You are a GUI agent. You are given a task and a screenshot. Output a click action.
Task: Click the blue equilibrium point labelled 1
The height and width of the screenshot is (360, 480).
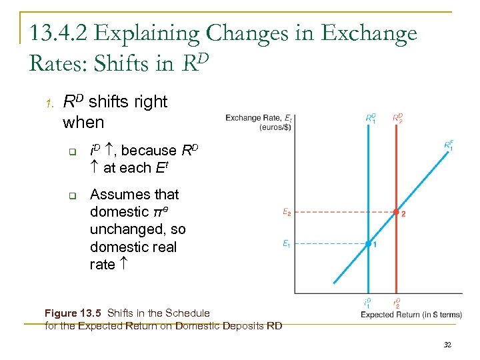point(369,244)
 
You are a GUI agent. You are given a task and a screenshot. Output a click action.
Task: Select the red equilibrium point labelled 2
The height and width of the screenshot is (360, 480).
point(396,213)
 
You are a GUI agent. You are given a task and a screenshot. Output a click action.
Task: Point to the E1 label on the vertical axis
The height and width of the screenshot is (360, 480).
point(285,244)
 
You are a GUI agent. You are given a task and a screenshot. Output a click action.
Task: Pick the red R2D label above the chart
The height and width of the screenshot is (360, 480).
point(397,118)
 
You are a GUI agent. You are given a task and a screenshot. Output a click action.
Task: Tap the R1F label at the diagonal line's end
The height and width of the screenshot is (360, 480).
point(449,145)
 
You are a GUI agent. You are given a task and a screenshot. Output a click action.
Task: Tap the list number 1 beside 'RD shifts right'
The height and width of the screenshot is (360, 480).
point(49,103)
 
